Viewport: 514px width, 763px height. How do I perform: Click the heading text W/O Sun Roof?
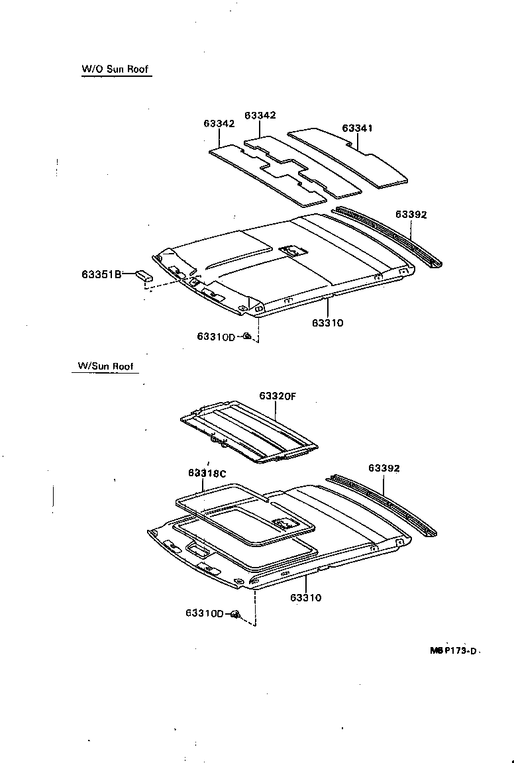coord(116,69)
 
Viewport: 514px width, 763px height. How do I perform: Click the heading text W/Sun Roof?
coord(105,366)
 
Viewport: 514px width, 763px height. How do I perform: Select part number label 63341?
coord(357,128)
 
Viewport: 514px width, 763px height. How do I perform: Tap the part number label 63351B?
coord(102,274)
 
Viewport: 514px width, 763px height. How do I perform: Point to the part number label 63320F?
coord(277,396)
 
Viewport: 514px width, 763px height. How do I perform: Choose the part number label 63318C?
coord(207,473)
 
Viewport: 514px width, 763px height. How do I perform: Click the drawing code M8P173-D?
coord(453,651)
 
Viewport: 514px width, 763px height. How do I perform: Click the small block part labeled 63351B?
coord(144,276)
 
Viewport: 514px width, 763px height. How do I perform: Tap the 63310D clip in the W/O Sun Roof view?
coord(246,336)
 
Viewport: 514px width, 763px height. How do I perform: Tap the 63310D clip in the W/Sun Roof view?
coord(235,615)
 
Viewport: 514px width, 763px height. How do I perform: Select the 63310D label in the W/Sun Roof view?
coord(205,613)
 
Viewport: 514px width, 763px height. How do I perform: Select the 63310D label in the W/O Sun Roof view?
coord(216,336)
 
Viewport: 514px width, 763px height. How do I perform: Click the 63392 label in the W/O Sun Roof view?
coord(411,215)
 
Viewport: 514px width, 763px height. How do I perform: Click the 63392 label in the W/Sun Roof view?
coord(384,468)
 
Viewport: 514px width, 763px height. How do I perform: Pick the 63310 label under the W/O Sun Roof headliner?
coord(328,323)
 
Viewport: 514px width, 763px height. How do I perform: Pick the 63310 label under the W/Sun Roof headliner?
coord(305,597)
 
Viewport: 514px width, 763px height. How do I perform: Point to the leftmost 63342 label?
coord(219,124)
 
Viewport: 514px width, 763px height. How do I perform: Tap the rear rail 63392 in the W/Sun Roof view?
coord(384,503)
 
